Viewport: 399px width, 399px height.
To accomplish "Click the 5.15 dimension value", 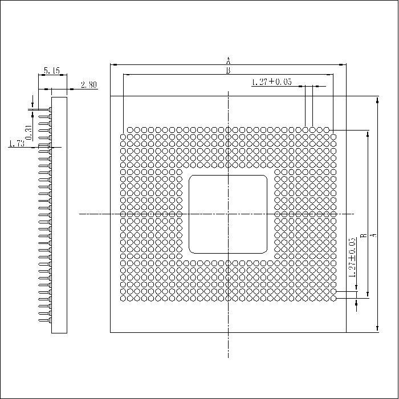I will (x=52, y=71).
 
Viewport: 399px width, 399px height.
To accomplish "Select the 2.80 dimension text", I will (x=88, y=85).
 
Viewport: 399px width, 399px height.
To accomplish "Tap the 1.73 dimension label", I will (x=17, y=144).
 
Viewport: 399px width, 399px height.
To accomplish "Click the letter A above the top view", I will (x=228, y=60).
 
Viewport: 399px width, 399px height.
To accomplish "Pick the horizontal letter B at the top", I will (x=228, y=71).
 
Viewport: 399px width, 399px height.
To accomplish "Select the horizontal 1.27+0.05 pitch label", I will (x=271, y=82).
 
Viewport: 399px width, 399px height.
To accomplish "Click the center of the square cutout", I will (x=228, y=214).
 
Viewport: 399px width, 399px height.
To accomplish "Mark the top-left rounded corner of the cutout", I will (x=192, y=178).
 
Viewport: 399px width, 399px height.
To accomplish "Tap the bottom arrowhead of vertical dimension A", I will (x=377, y=328).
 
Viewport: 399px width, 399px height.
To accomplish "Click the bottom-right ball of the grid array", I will (x=333, y=297).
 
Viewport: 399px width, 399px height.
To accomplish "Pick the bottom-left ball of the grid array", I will (x=123, y=297).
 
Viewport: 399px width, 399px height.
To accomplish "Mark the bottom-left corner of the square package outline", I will (x=110, y=332).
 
